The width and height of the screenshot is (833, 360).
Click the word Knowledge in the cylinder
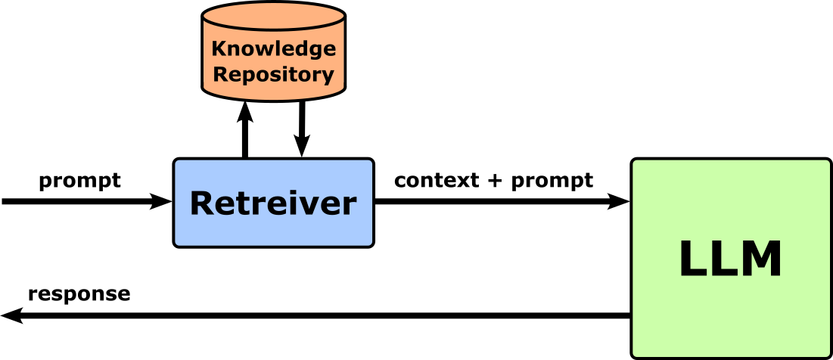(x=273, y=49)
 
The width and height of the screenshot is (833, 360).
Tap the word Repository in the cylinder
(x=273, y=75)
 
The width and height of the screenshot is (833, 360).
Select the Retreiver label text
(x=272, y=203)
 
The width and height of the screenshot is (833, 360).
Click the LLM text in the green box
(x=730, y=259)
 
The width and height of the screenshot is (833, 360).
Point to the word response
(x=79, y=294)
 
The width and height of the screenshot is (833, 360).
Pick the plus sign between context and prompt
(x=496, y=182)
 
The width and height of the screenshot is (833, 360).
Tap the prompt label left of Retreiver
(x=79, y=182)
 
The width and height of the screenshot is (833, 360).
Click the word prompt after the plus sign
(x=552, y=182)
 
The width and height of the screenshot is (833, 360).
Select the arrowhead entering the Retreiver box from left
(x=161, y=201)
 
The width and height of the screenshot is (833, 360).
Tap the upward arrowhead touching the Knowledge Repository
(x=244, y=112)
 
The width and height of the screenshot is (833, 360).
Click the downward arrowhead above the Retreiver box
(x=302, y=146)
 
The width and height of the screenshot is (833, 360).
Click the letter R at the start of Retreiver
(x=202, y=203)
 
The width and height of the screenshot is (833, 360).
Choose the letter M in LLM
(x=760, y=259)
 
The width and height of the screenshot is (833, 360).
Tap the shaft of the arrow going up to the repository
(x=244, y=140)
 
